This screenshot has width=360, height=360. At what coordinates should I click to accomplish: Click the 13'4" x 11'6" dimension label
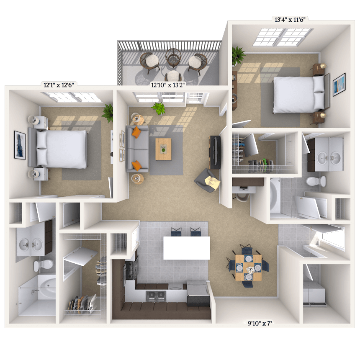[290, 20]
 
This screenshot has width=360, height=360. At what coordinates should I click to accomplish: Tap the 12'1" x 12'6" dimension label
[59, 85]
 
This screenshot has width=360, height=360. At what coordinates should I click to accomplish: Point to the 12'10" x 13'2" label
[168, 85]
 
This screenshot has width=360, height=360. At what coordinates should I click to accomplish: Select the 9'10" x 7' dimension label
[260, 324]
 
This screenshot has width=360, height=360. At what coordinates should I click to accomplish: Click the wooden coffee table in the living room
[163, 149]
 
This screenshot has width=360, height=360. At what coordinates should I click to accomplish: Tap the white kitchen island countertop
[186, 248]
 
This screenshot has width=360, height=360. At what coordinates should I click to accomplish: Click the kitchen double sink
[156, 295]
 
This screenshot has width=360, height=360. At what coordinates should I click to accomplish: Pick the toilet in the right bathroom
[316, 181]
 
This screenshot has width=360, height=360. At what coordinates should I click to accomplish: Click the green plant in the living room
[159, 108]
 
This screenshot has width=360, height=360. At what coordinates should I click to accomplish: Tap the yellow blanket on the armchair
[213, 182]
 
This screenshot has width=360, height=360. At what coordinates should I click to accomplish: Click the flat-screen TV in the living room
[215, 152]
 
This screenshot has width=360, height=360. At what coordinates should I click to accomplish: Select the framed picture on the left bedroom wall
[20, 145]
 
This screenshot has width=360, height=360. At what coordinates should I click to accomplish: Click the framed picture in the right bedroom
[339, 85]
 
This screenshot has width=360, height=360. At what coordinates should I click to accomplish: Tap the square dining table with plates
[248, 267]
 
